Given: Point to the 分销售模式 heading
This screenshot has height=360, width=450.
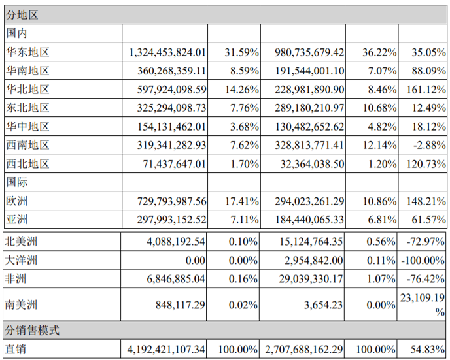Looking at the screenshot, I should pos(32,330).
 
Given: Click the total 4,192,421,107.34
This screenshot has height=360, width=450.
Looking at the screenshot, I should pos(168,350).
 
